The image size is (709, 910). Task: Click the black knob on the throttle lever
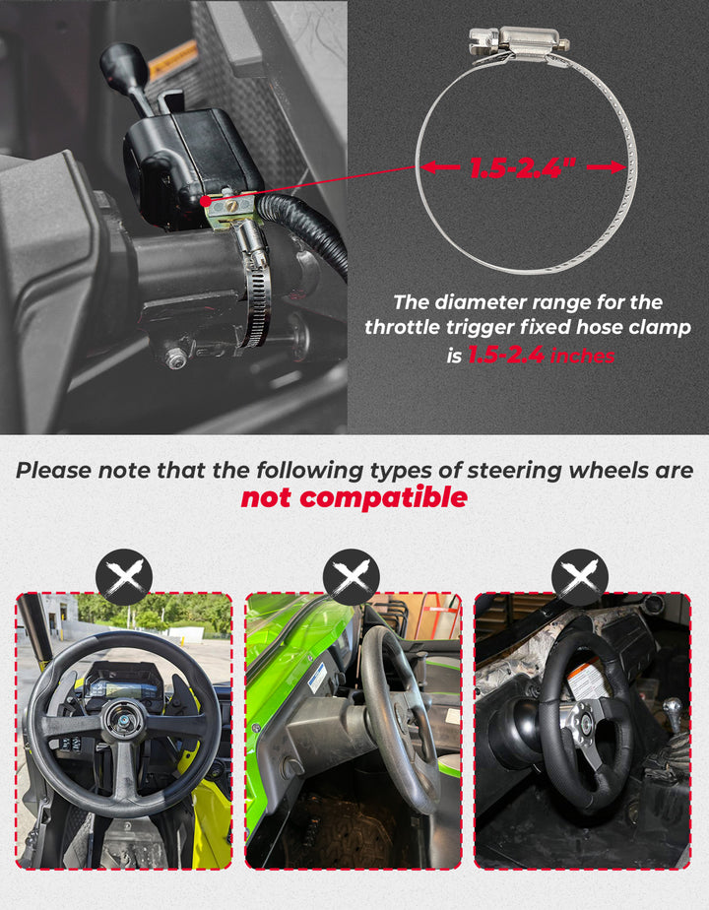tap(123, 64)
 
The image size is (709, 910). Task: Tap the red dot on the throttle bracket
tap(205, 201)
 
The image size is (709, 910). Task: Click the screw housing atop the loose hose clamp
tap(519, 40)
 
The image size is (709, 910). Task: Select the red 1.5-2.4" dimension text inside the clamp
tap(522, 168)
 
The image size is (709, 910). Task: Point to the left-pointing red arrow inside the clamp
tap(440, 167)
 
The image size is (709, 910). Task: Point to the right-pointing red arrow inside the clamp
tap(607, 167)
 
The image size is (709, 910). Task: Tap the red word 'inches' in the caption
tap(582, 356)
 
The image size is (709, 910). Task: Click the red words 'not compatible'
tap(354, 498)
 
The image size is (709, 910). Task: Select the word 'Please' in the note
tap(53, 470)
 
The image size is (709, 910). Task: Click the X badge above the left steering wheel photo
tap(123, 578)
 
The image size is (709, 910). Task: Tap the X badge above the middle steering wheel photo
tap(352, 578)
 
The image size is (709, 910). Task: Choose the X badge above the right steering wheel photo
tap(580, 578)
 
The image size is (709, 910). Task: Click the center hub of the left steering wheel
tap(122, 721)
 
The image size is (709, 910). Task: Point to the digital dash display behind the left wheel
tap(123, 683)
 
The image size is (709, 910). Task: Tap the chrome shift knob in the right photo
tap(673, 711)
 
